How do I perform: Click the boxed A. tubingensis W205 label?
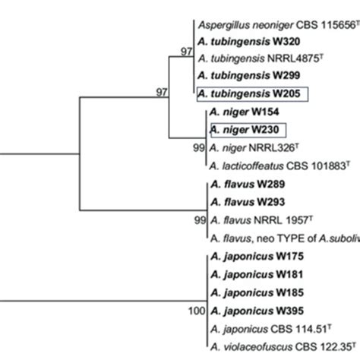tap(252, 93)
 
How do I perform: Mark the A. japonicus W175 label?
tap(249, 257)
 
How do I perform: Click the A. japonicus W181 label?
tap(249, 274)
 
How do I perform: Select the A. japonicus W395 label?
tap(249, 310)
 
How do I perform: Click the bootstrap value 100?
tap(195, 311)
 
